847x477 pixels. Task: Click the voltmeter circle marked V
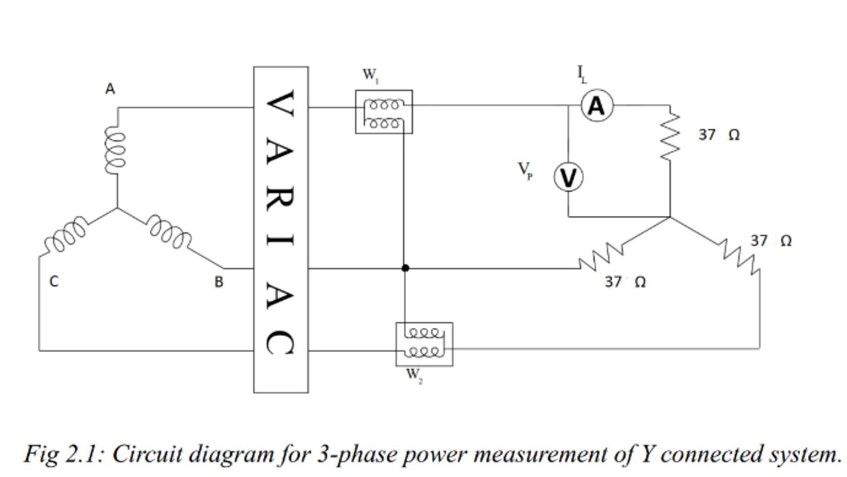tap(568, 178)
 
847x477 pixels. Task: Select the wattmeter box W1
tap(384, 112)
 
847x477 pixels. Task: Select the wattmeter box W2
tap(424, 344)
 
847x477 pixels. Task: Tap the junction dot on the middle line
tap(405, 268)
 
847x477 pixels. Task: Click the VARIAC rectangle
tap(281, 229)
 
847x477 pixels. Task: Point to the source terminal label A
tap(111, 89)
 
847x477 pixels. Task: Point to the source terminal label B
tap(219, 282)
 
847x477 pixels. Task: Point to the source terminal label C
tap(54, 282)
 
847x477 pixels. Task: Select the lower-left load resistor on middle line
tap(600, 256)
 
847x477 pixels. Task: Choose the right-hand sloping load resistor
tap(738, 257)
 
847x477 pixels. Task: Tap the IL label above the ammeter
tap(581, 75)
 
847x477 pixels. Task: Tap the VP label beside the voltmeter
tap(525, 172)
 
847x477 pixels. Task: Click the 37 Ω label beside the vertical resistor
tap(719, 135)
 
